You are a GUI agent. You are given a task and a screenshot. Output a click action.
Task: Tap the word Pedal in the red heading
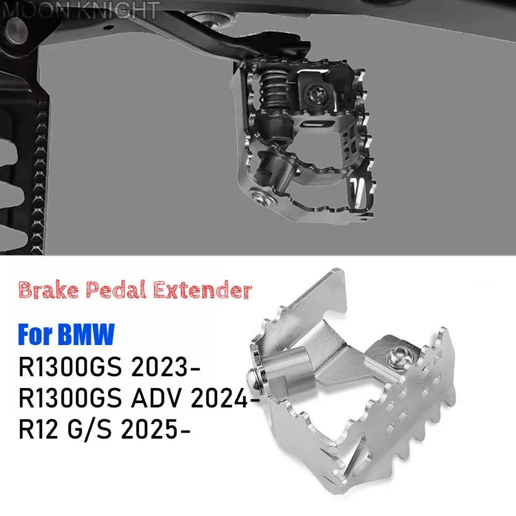pos(116,290)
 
